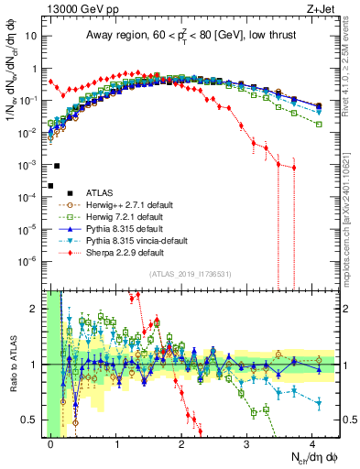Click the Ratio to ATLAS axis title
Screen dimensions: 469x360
click(11, 365)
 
